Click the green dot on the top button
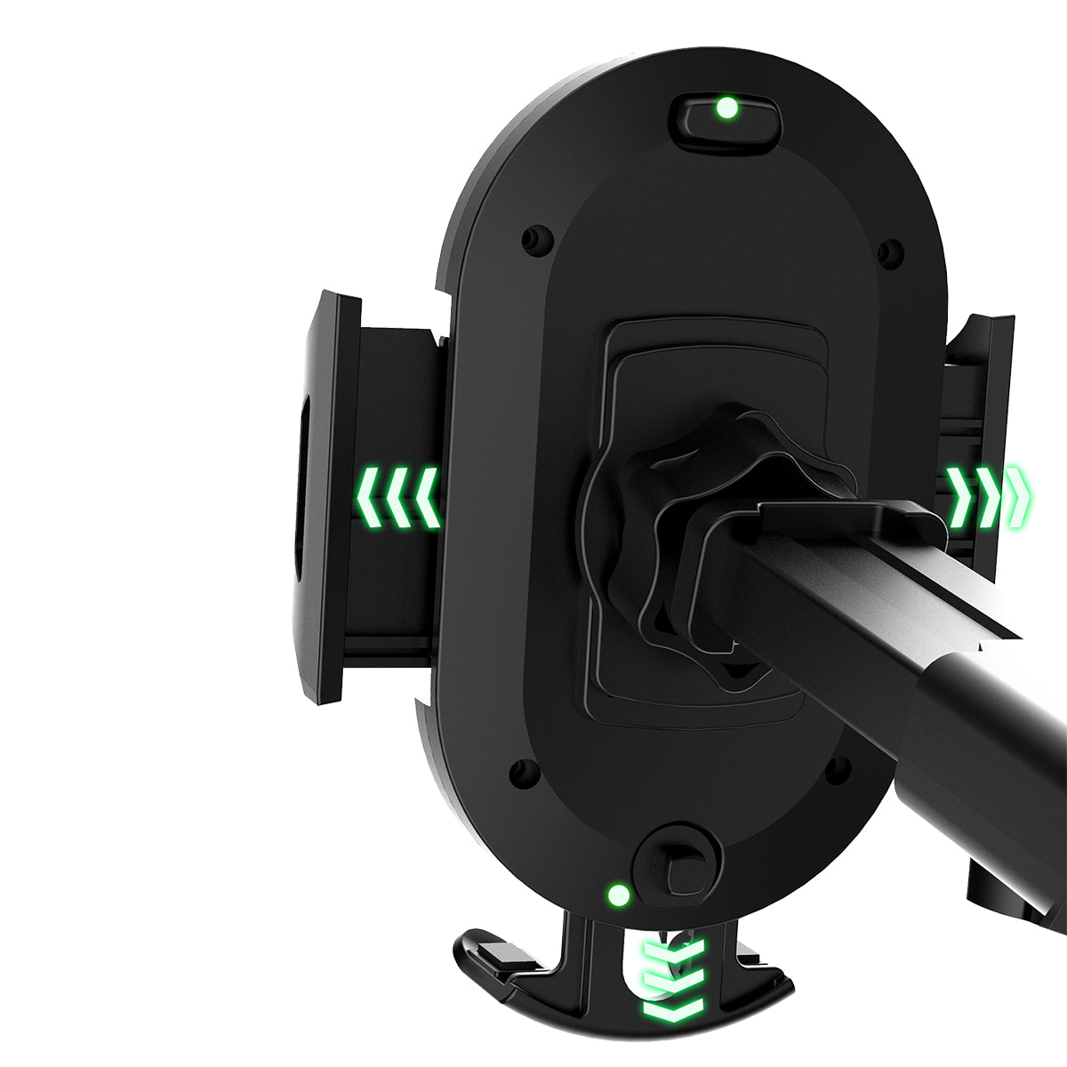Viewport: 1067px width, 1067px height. (726, 108)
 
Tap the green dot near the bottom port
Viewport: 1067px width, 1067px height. (617, 895)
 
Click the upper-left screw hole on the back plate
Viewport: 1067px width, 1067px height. (533, 238)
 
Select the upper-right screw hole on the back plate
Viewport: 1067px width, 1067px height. (888, 252)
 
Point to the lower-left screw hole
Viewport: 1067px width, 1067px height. (521, 771)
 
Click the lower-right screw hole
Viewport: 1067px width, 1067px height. (838, 767)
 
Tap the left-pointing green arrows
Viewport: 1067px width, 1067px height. (398, 498)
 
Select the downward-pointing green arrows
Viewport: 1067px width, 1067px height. (673, 978)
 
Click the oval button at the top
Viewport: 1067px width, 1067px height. (726, 123)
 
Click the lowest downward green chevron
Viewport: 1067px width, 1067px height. (673, 1010)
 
